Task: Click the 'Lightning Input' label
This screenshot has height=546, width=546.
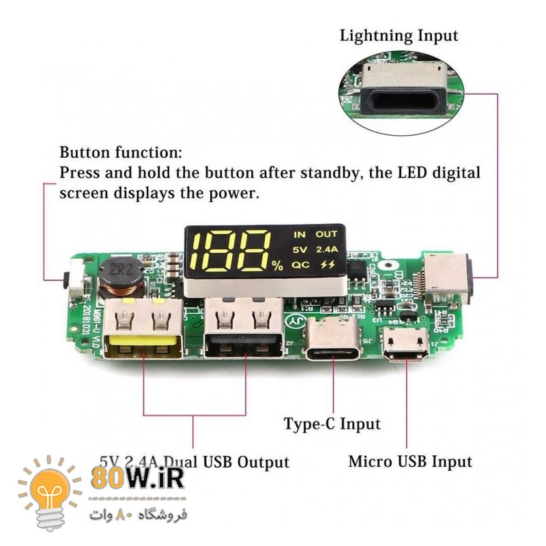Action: [x=399, y=35]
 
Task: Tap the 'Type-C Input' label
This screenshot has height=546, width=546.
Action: [x=332, y=424]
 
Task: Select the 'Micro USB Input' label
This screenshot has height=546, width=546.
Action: [x=410, y=461]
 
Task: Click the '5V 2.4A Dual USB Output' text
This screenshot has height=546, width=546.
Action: [x=194, y=461]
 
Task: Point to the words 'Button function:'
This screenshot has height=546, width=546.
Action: [x=121, y=152]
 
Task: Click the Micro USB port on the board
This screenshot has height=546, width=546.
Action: [x=407, y=345]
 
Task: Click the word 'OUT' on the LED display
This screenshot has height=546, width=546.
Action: [x=326, y=234]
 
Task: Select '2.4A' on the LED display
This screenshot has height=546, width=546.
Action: [x=326, y=249]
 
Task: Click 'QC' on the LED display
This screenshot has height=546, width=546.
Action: [x=300, y=265]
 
